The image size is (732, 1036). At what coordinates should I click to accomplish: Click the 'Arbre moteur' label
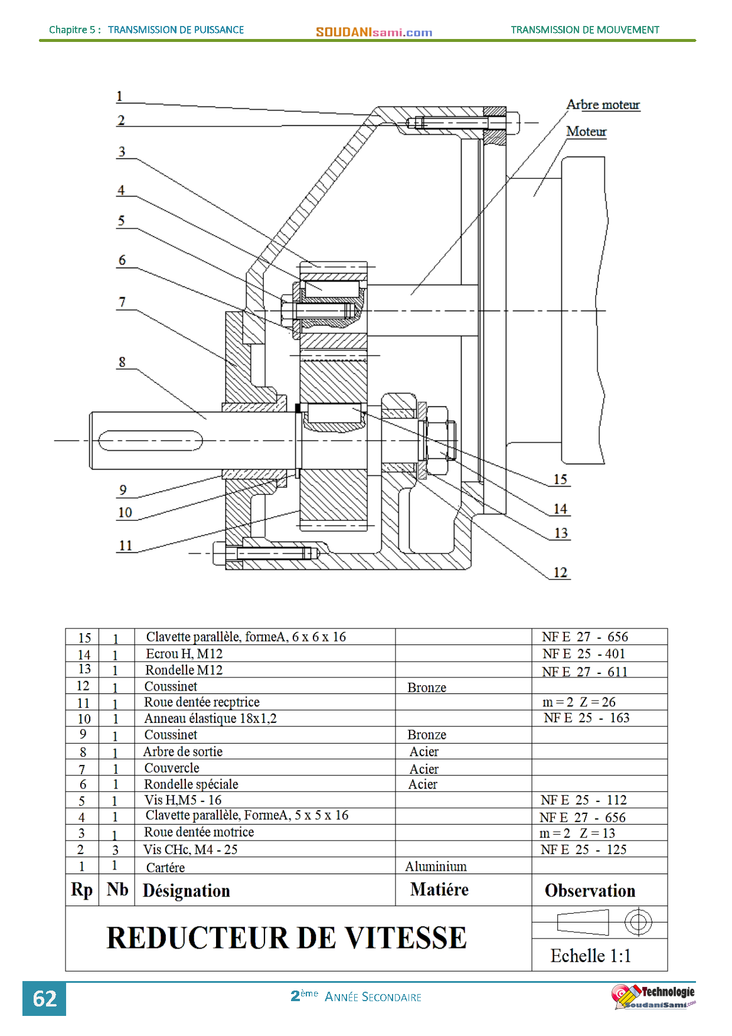pos(603,105)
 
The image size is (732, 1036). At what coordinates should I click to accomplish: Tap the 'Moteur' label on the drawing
pos(586,131)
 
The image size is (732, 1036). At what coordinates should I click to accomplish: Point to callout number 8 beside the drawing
pos(122,362)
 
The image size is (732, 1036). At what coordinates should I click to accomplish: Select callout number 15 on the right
pos(560,479)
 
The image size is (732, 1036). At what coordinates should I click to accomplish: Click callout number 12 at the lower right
pos(560,572)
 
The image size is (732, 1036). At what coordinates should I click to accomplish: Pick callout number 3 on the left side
pos(122,152)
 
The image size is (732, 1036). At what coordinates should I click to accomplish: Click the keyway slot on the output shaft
pos(150,441)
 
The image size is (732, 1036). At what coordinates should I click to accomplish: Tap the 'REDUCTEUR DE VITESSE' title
pos(286,938)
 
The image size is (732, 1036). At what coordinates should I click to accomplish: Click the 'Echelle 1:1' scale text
pos(590,956)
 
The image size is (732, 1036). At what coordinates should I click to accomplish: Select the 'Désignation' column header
pos(186,891)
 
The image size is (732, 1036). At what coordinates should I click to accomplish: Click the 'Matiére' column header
pos(439,890)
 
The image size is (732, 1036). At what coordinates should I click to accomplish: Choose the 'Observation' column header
pos(590,891)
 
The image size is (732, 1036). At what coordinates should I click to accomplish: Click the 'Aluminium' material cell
pos(436,866)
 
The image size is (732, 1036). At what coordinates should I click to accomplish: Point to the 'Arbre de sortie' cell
pos(183,752)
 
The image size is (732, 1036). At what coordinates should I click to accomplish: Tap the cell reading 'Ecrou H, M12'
pos(184,654)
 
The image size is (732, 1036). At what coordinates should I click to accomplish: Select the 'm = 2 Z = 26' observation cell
pos(579,702)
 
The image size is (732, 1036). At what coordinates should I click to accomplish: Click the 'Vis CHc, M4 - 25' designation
pos(190,849)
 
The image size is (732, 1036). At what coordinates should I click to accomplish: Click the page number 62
pos(44,999)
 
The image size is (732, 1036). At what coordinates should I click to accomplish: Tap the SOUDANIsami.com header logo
pos(374,32)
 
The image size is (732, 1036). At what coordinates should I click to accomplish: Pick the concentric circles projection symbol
pos(638,922)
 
